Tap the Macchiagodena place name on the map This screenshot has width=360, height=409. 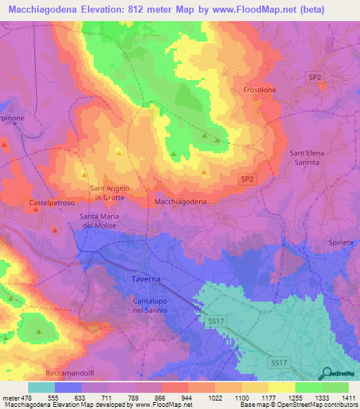[180, 202]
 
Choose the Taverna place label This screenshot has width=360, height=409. [146, 279]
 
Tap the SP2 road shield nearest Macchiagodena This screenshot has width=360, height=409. [247, 179]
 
